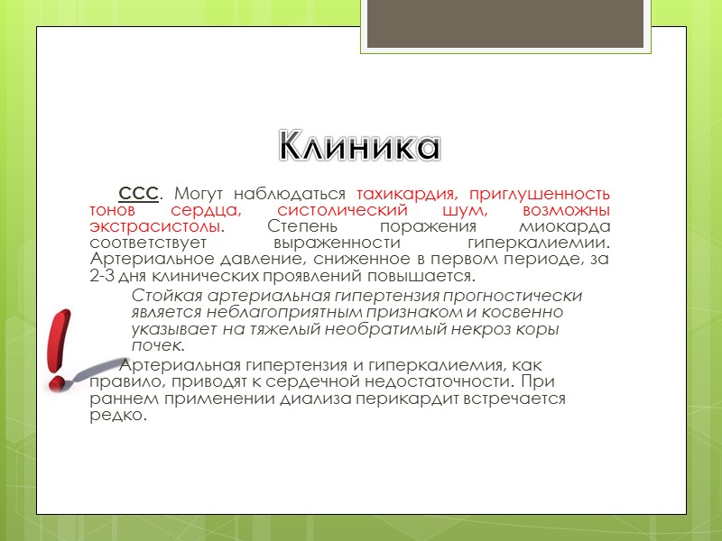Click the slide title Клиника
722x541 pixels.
(358, 145)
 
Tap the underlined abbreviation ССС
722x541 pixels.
(139, 194)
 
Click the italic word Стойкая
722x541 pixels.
(162, 297)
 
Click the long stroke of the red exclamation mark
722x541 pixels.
(63, 338)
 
